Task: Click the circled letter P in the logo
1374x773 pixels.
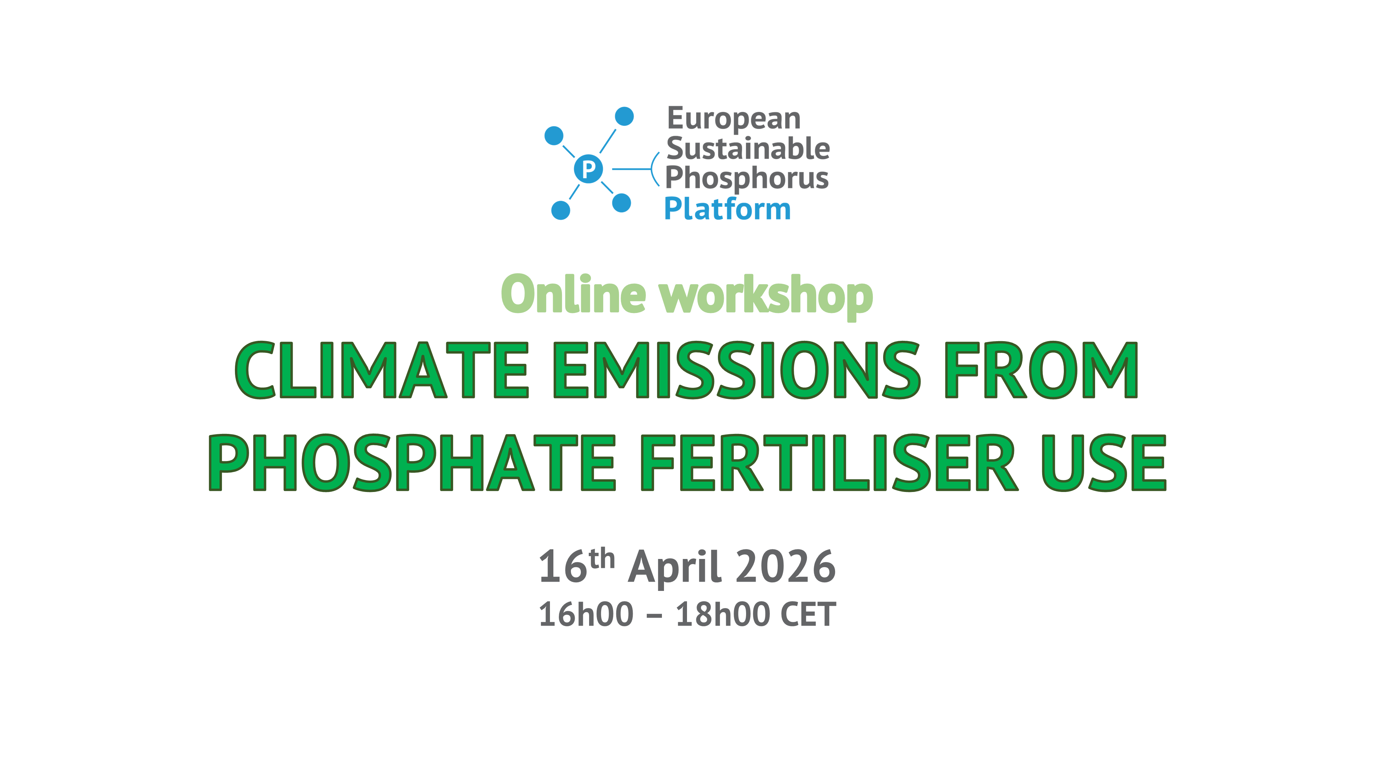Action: pos(588,169)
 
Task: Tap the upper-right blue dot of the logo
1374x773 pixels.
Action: pos(624,116)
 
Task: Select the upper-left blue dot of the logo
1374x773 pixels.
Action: pos(554,135)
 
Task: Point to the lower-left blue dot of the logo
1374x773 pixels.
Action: pos(560,210)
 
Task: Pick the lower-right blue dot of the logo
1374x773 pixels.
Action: pos(621,203)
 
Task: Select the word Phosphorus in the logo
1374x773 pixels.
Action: pos(747,178)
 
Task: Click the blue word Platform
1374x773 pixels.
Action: pos(728,209)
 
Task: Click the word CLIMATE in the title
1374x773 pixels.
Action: pos(381,370)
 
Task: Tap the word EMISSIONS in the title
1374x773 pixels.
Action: pos(736,370)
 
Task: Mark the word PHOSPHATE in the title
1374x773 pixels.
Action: pos(412,462)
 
